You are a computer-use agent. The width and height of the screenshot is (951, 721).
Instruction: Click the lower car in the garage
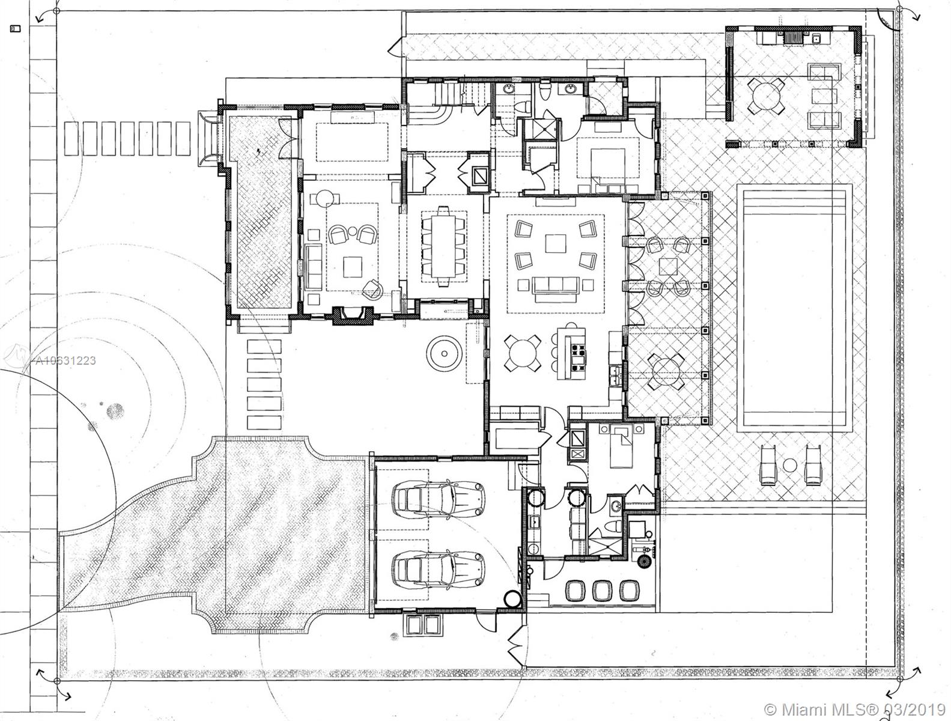pos(437,568)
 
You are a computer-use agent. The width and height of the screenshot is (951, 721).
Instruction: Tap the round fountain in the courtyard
pos(444,354)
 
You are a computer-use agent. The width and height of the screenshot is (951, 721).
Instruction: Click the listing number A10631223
pos(64,360)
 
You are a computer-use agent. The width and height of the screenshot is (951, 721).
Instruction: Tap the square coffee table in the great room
pos(556,243)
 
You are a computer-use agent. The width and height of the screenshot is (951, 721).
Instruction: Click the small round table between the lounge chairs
pos(790,465)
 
